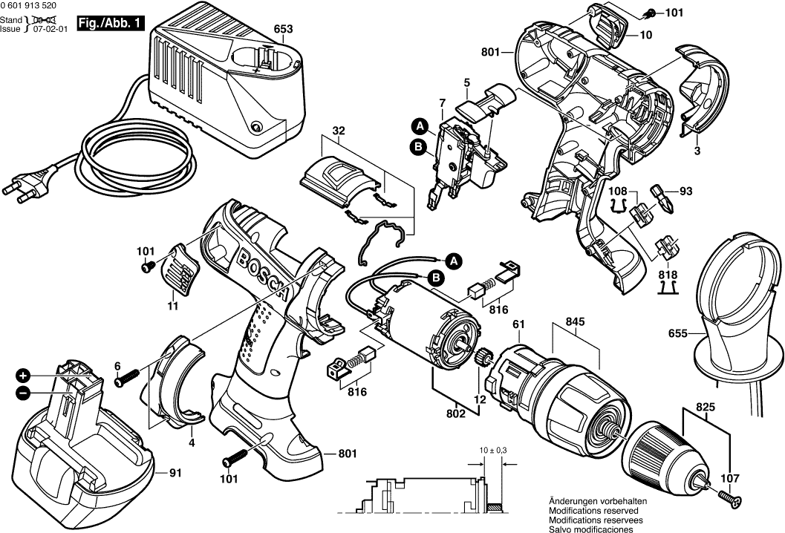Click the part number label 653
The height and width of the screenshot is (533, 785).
point(284,30)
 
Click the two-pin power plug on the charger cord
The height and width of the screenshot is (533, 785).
point(20,192)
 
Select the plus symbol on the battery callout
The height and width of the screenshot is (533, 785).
point(24,375)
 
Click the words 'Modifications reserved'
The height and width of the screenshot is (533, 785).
point(591,511)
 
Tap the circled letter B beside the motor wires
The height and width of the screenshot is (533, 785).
point(437,278)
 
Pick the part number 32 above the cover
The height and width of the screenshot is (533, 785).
point(339,132)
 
